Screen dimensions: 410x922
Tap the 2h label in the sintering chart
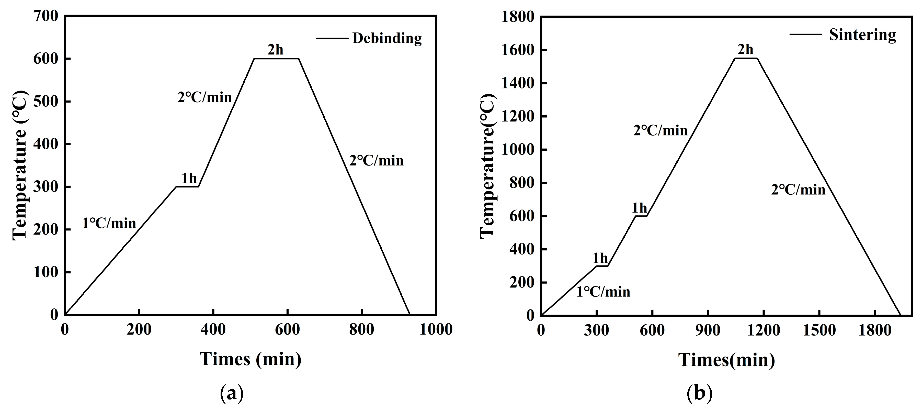[x=746, y=49]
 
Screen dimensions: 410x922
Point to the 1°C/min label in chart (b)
[x=603, y=292]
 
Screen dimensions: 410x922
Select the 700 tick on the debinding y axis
[x=45, y=16]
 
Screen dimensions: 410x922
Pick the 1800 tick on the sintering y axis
[x=518, y=17]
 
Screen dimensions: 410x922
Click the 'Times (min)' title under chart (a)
[x=251, y=359]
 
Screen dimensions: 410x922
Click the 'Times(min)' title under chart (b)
[x=726, y=360]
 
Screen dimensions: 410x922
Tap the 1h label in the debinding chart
[x=189, y=178]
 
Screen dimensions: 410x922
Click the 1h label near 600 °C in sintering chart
[x=639, y=208]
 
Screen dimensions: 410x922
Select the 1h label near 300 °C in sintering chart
[x=600, y=258]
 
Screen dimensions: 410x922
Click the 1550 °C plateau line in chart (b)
[x=746, y=58]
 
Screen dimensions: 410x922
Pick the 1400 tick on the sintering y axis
[x=518, y=83]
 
